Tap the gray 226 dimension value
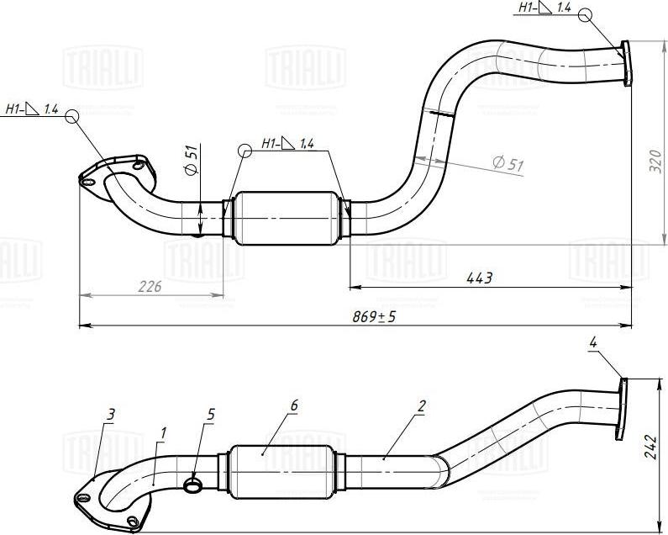coord(149,287)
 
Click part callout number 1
coord(163,432)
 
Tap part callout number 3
coord(110,413)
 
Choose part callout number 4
coord(593,342)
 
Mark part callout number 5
coord(210,414)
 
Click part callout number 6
coord(293,405)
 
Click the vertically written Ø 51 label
coord(192,160)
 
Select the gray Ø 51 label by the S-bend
coord(508,164)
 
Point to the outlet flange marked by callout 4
coord(623,408)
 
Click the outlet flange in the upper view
coord(626,62)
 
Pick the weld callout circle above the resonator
coord(245,151)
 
